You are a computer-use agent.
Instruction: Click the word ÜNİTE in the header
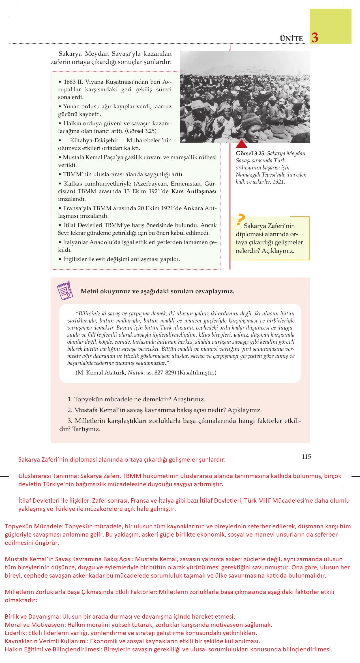(291, 39)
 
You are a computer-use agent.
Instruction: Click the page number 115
(307, 457)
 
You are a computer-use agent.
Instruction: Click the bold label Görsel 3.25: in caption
(250, 154)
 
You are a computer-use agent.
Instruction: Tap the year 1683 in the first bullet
(70, 82)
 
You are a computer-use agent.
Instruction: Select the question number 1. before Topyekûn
(70, 399)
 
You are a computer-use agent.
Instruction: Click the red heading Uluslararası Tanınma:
(47, 476)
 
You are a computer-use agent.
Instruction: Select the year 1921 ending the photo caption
(278, 182)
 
